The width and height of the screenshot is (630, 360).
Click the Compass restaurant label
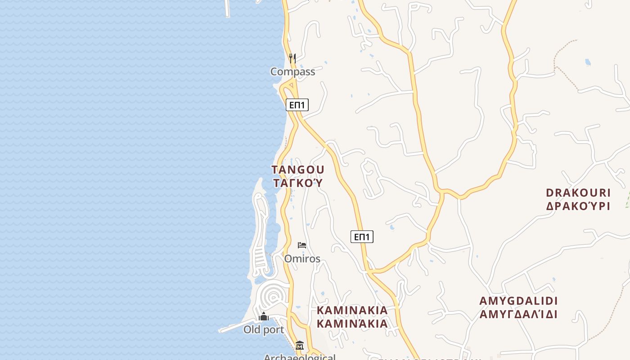point(292,72)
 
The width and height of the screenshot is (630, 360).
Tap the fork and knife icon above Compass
point(292,58)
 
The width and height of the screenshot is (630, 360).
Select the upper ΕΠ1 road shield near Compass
point(297,105)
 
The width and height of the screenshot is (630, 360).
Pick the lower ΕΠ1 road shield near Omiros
point(362,237)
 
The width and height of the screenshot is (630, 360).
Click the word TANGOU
point(297,170)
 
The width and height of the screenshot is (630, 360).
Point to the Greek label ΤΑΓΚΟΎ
point(297,183)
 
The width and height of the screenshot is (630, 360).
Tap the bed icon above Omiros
point(302,245)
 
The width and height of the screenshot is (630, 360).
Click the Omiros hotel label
point(302,259)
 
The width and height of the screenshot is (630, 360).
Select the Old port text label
point(264,330)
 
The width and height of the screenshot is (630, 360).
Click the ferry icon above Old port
point(264,317)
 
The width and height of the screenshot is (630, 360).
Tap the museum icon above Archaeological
point(300,346)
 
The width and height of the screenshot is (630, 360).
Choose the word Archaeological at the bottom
point(300,357)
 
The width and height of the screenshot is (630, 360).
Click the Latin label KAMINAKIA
point(352,310)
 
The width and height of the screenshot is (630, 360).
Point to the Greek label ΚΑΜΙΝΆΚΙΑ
point(352,324)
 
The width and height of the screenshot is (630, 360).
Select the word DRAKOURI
point(578,193)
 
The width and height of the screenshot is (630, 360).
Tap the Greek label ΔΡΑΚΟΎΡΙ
point(578,206)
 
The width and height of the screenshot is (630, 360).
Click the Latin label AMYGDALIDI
point(518,301)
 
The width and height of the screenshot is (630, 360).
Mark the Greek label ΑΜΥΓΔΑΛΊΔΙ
point(518,314)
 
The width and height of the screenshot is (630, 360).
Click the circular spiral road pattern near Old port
point(273,297)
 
